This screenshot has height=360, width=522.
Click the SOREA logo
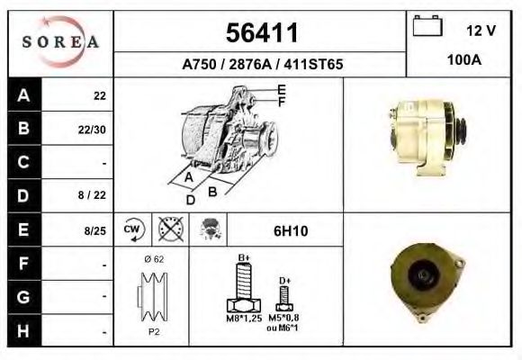pyautogui.click(x=61, y=43)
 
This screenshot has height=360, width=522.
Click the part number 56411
pyautogui.click(x=260, y=34)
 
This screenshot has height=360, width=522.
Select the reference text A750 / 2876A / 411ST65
pyautogui.click(x=261, y=65)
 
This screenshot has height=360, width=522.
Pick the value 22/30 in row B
pyautogui.click(x=94, y=129)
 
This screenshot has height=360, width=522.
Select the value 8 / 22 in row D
pyautogui.click(x=94, y=195)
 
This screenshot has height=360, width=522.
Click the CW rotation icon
pyautogui.click(x=133, y=230)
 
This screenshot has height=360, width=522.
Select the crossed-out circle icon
pyautogui.click(x=169, y=230)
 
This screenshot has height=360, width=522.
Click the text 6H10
pyautogui.click(x=290, y=231)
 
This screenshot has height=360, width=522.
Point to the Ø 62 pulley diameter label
pyautogui.click(x=153, y=259)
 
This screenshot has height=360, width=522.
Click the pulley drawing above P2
pyautogui.click(x=152, y=296)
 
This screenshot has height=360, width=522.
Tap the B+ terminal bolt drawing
pyautogui.click(x=243, y=290)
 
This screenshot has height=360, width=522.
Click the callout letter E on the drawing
pyautogui.click(x=282, y=89)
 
